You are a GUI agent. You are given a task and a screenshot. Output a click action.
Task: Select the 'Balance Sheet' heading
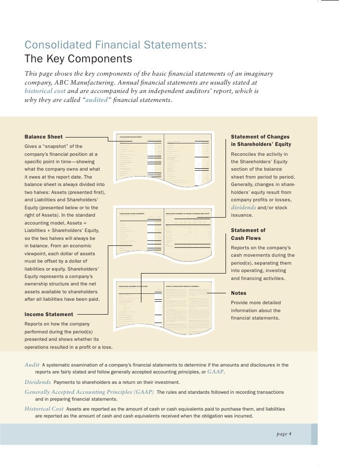point(44,137)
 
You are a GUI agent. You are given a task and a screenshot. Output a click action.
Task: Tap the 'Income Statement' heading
point(48,314)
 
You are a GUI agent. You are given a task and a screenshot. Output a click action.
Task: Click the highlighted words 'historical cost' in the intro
point(44,92)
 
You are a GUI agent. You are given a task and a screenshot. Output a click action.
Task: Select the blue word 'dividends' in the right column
point(247,208)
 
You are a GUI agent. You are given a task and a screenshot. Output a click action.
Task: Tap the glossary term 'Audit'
point(32,365)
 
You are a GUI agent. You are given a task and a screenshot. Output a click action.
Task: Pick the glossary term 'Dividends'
point(38,382)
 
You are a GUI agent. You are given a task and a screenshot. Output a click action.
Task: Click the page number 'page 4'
point(284,434)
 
